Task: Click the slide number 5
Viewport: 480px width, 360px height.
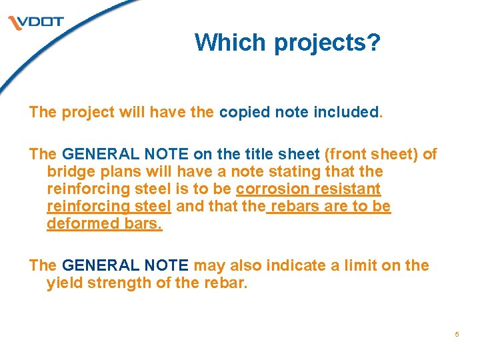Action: (457, 334)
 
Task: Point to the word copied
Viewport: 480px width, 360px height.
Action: (242, 111)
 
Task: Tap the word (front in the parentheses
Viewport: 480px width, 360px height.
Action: (347, 154)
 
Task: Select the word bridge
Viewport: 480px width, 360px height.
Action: (69, 171)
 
